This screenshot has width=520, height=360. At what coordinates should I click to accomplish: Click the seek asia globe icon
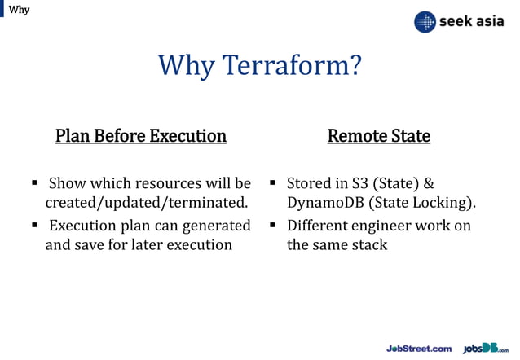[425, 22]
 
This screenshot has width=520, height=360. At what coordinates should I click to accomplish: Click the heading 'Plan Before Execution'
[140, 135]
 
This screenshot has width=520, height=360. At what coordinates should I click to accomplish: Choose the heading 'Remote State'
[378, 135]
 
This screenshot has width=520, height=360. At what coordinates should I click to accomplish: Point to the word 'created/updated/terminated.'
[146, 201]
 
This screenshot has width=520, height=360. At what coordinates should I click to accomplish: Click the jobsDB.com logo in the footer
[486, 348]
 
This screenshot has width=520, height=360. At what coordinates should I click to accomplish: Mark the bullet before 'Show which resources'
[36, 182]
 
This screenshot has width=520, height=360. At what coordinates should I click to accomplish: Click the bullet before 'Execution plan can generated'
[36, 226]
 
